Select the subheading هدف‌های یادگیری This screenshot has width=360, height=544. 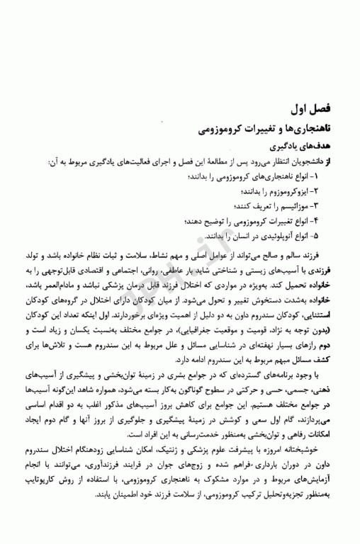tap(303, 147)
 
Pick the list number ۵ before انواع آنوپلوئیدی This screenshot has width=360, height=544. tap(316, 235)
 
